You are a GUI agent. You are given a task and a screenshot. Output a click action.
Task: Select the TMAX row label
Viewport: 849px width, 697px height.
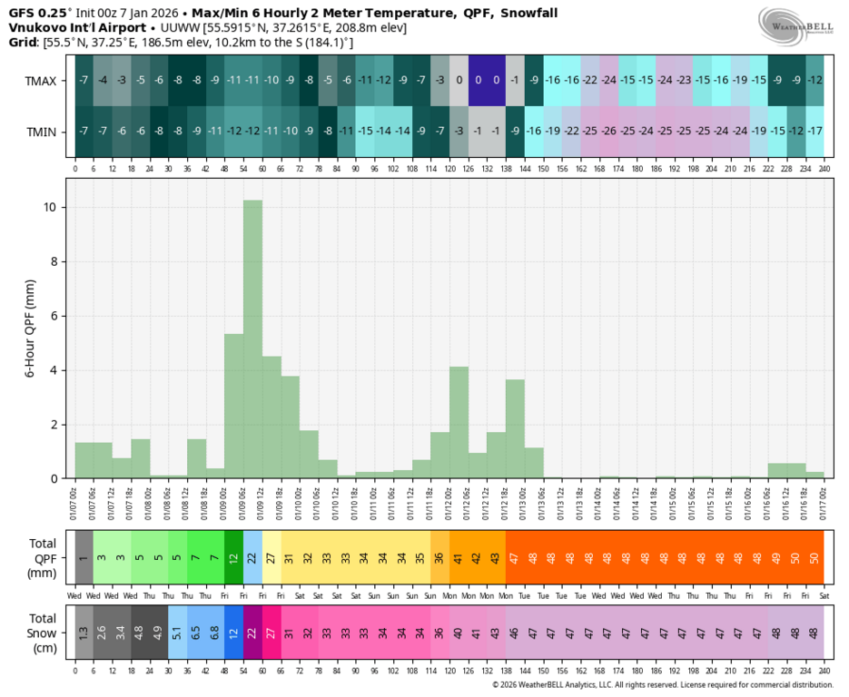pyautogui.click(x=41, y=81)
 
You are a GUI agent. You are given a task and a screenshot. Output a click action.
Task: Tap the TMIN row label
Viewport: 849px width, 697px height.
pyautogui.click(x=41, y=132)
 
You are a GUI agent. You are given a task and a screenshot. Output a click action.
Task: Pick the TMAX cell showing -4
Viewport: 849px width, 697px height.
pyautogui.click(x=103, y=81)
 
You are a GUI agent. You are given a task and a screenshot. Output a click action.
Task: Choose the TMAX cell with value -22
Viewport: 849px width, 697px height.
pyautogui.click(x=589, y=81)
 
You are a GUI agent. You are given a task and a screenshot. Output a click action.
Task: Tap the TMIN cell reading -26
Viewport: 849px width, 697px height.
pyautogui.click(x=608, y=132)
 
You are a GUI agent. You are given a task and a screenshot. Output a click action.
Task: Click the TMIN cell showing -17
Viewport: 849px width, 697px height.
pyautogui.click(x=814, y=132)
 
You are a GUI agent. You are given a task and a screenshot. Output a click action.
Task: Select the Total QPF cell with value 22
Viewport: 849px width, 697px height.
pyautogui.click(x=252, y=558)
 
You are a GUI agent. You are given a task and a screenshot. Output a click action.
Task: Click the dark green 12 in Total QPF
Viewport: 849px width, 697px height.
pyautogui.click(x=233, y=558)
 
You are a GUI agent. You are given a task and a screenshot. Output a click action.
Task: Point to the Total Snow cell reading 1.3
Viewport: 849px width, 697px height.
pyautogui.click(x=84, y=633)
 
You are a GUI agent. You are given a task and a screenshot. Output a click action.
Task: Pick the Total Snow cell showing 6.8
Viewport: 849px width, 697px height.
pyautogui.click(x=215, y=633)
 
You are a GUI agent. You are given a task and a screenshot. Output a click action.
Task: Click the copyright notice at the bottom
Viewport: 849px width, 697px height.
pyautogui.click(x=670, y=684)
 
